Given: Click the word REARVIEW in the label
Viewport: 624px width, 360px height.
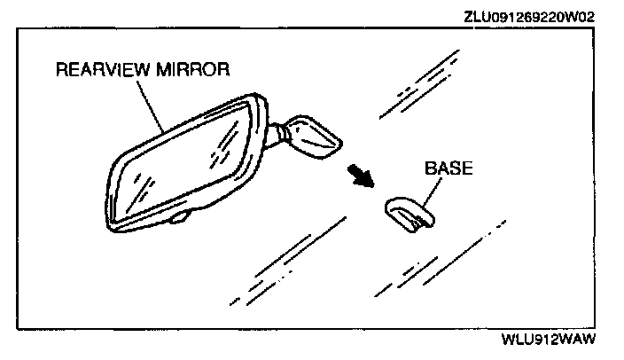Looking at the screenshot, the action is (x=97, y=69).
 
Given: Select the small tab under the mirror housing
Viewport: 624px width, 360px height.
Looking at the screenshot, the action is (x=180, y=216).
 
